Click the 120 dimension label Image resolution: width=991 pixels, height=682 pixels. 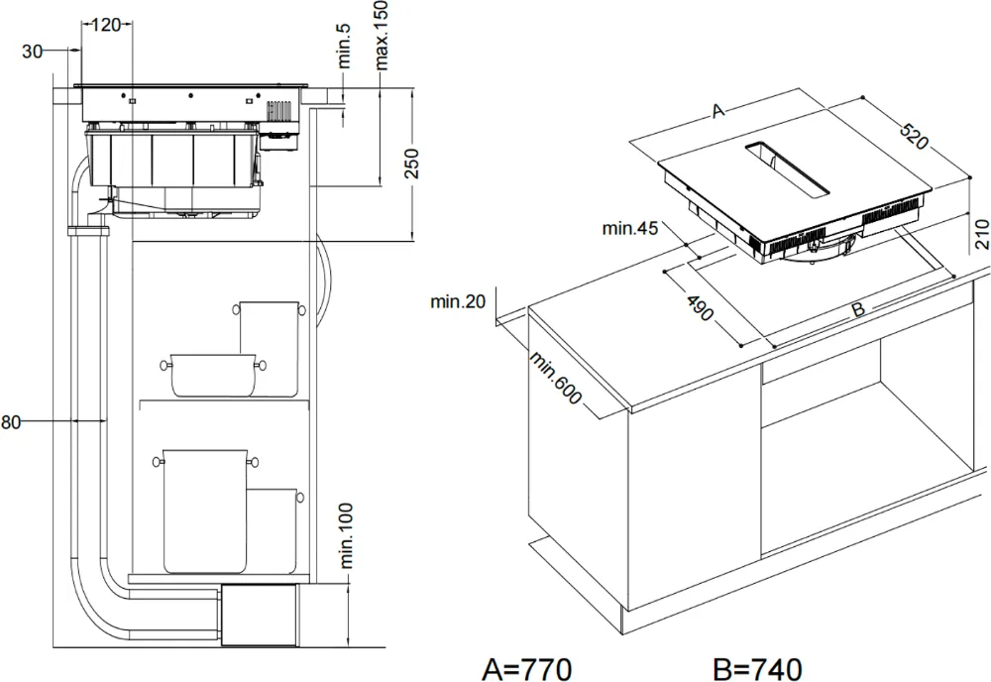pos(106,25)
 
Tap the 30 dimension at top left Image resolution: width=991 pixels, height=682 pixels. pos(32,52)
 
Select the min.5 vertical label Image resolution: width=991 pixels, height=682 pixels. pos(345,46)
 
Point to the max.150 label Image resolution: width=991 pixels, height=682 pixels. pos(382,35)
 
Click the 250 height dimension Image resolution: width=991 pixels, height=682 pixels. pos(411,164)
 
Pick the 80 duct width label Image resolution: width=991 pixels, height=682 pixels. pos(11,421)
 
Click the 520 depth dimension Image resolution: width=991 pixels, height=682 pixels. pos(914,137)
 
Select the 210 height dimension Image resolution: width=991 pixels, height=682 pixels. pos(981,235)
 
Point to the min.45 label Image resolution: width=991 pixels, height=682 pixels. pos(630,228)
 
